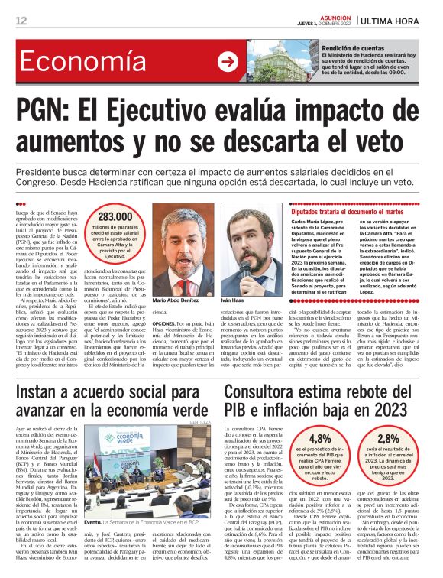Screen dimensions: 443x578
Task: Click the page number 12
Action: (x=21, y=20)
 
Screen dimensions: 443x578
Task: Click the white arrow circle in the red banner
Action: (x=228, y=62)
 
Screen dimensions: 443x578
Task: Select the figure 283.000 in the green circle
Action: (x=115, y=217)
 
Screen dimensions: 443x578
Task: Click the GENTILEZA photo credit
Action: (x=200, y=421)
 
